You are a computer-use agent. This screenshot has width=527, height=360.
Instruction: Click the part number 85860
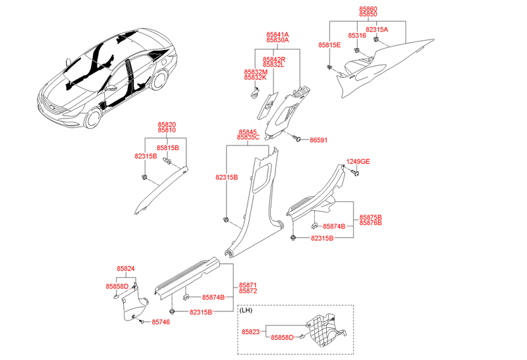coord(368,8)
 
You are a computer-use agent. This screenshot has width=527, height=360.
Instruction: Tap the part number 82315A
coord(377,30)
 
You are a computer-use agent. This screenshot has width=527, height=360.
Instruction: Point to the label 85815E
coord(329,45)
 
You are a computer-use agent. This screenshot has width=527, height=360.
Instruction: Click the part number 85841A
coord(277,34)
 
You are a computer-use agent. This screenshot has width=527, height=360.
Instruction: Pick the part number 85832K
coord(256,78)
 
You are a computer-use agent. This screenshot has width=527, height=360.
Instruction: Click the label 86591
coord(318,140)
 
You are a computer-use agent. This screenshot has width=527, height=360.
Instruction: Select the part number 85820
coord(166,124)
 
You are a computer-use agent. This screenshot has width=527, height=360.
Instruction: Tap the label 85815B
coord(167,149)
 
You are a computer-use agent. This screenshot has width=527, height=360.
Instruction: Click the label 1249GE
coord(358,161)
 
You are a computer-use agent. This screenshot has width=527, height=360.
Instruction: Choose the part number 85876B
coord(370,223)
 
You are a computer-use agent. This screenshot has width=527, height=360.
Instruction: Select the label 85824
coord(126,269)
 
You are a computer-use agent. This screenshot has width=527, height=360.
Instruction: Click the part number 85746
coord(161,322)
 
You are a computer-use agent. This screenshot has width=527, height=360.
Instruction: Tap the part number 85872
coord(248,290)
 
